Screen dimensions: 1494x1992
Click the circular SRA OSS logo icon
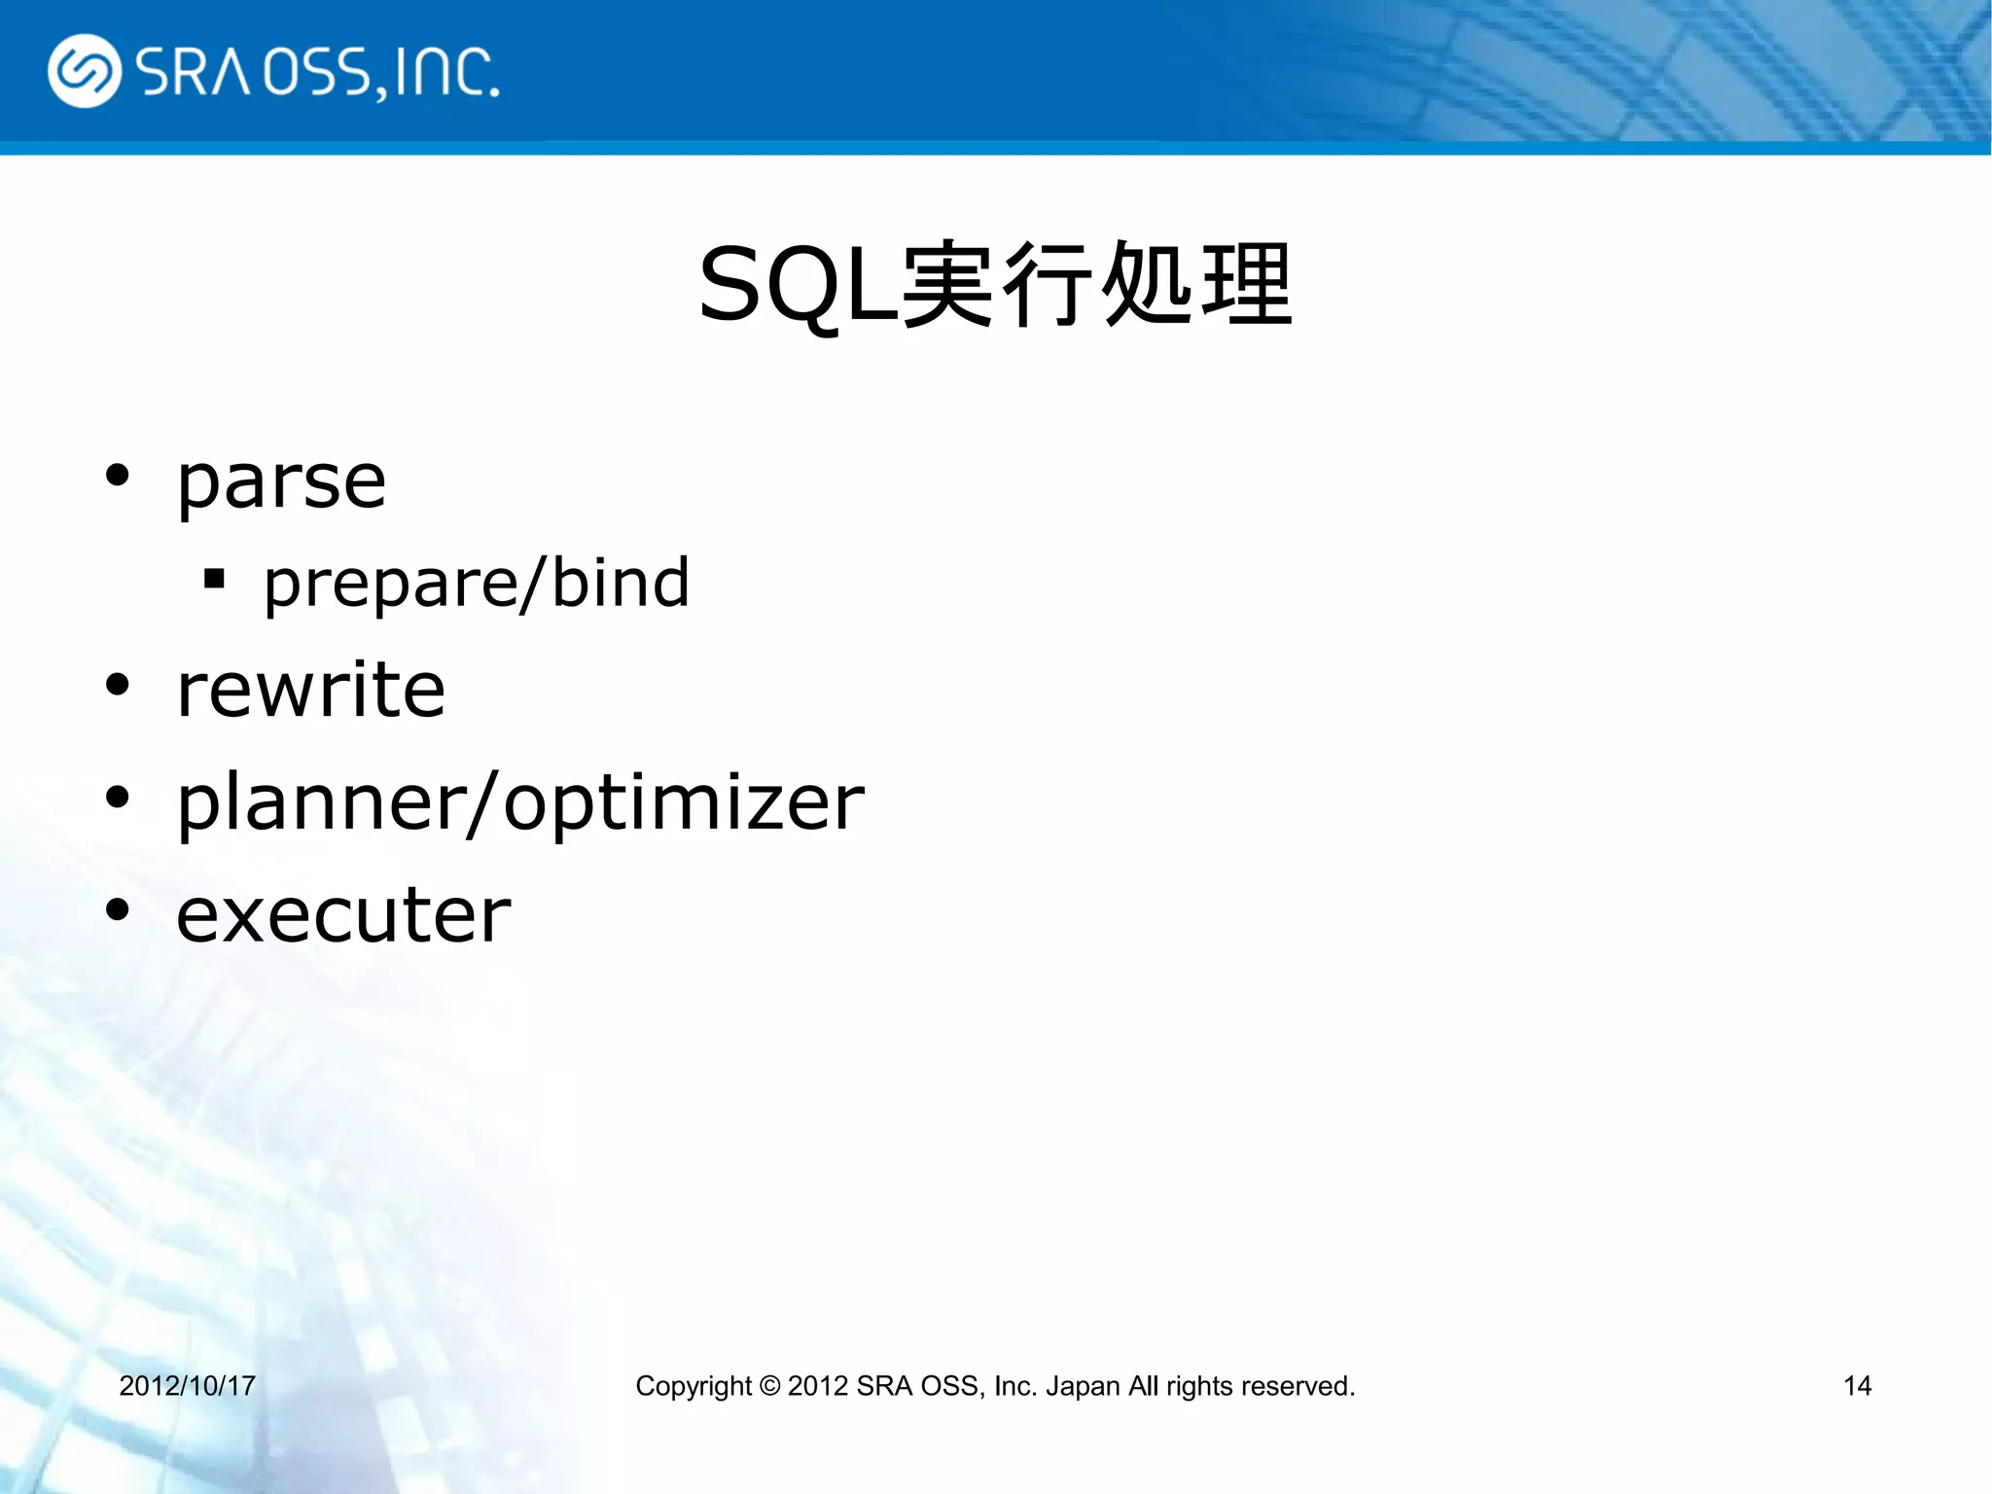pos(84,71)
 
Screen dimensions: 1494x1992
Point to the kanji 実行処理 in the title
pos(1097,285)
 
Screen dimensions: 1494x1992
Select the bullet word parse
pos(281,482)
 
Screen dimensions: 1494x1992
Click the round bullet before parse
pos(118,476)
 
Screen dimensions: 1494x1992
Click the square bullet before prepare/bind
pos(214,580)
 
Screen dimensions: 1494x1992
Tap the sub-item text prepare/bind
pos(477,584)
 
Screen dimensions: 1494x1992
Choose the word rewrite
pos(311,690)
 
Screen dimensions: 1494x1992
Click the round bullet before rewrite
pos(118,686)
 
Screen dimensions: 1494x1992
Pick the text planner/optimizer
pos(520,802)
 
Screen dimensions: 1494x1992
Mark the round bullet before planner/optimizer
pos(118,799)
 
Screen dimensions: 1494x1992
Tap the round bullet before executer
pos(118,911)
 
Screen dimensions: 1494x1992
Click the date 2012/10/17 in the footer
pos(187,1385)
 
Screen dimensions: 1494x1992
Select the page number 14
pos(1857,1385)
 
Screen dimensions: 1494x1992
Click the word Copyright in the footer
pos(694,1386)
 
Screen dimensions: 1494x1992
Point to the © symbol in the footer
pos(769,1385)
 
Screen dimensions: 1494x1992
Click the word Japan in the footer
pos(1083,1386)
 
